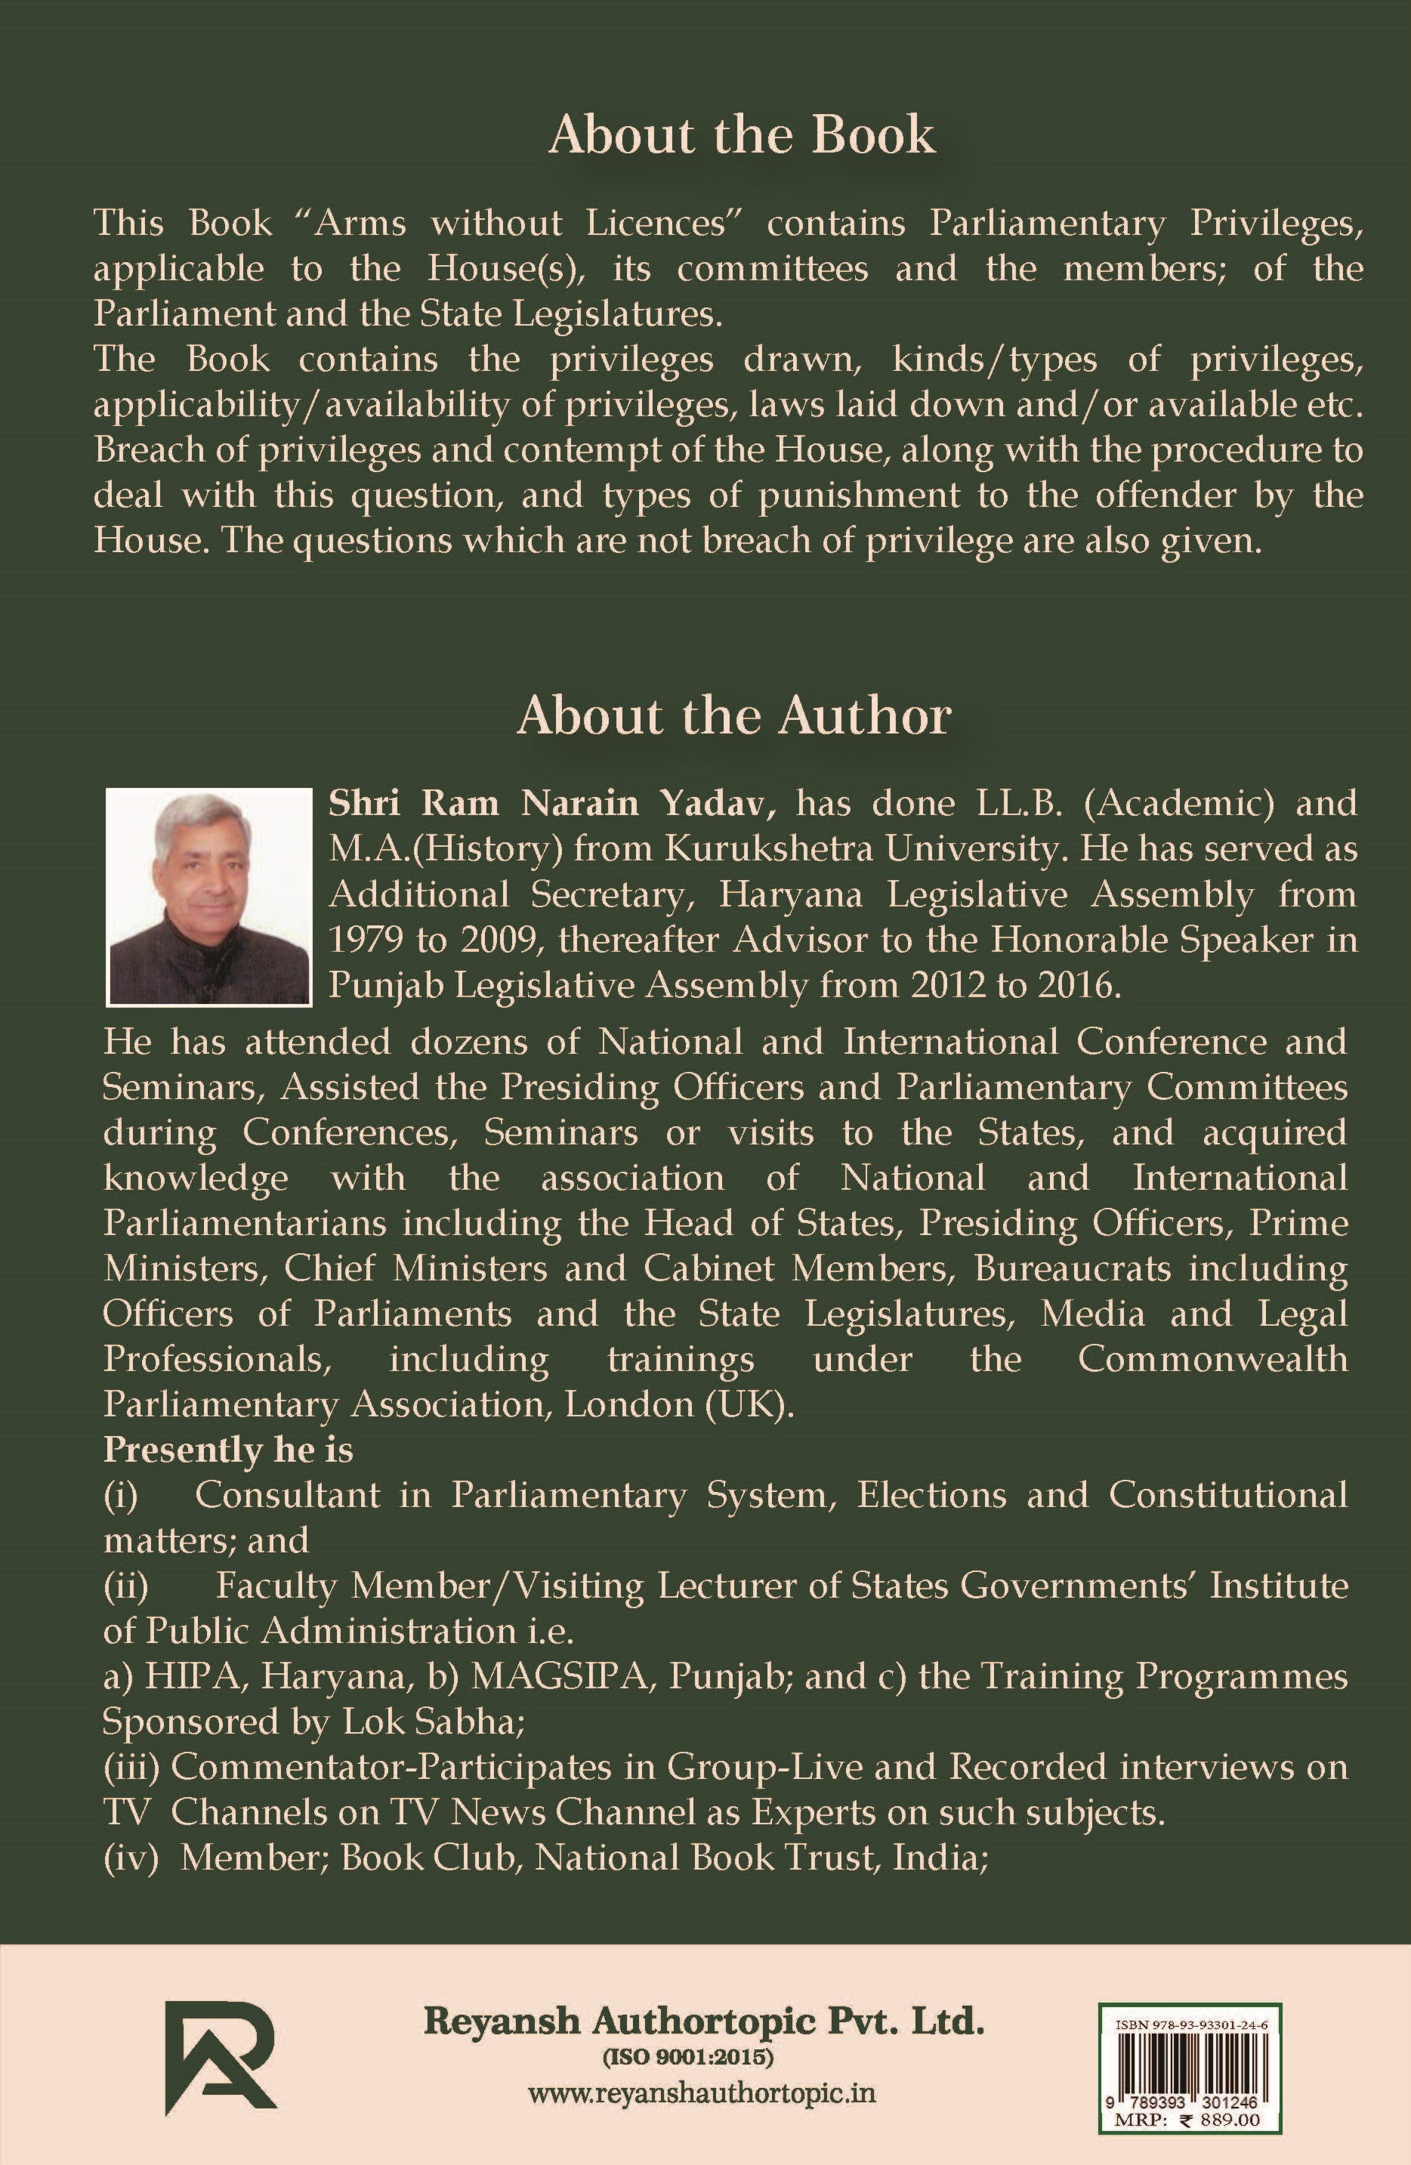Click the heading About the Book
point(742,135)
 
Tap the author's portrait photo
point(208,896)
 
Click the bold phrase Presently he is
point(227,1449)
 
